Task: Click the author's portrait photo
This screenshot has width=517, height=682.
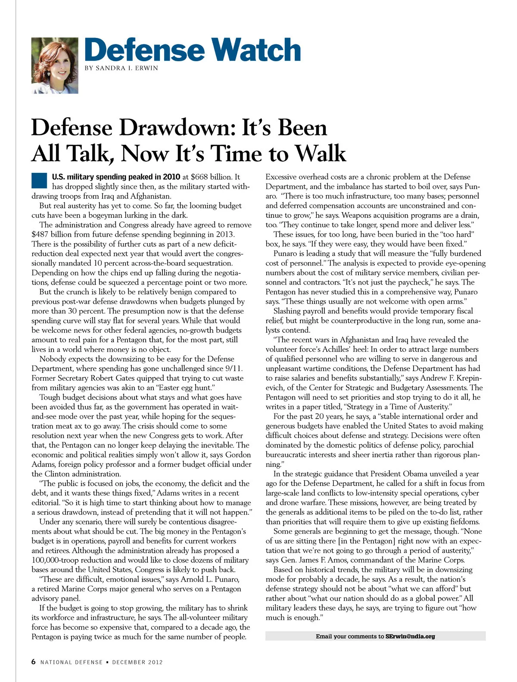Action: tap(55, 66)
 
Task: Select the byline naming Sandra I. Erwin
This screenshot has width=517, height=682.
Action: tap(121, 68)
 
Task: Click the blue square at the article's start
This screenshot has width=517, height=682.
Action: tap(39, 180)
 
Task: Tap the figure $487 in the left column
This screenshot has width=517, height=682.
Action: tap(42, 235)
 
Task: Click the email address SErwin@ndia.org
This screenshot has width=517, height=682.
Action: tap(410, 636)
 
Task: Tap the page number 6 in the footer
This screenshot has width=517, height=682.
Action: tap(34, 662)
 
